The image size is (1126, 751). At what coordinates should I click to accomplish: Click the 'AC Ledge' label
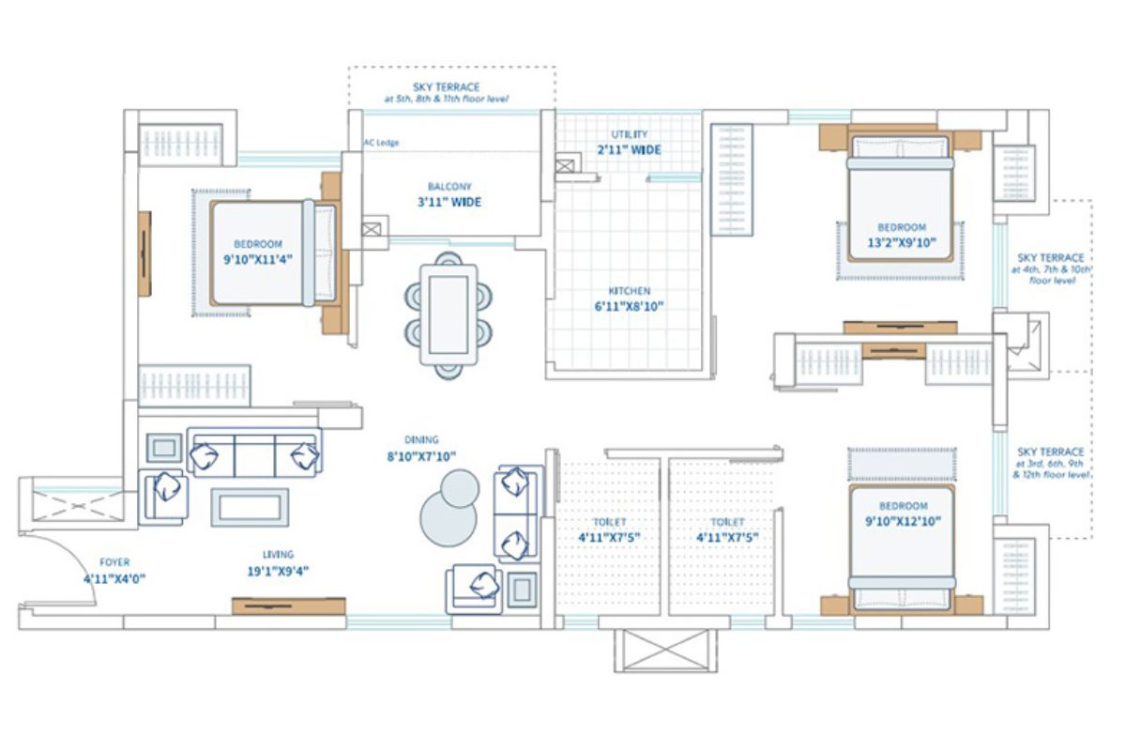tap(382, 144)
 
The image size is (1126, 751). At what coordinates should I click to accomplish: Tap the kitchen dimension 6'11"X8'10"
tap(628, 305)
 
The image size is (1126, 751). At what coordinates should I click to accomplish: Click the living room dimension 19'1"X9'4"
tap(278, 570)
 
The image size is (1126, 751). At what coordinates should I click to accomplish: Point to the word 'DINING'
tap(421, 439)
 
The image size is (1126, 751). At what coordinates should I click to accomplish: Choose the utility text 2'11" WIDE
tap(629, 150)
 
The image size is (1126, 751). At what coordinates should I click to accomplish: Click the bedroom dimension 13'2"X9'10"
tap(901, 242)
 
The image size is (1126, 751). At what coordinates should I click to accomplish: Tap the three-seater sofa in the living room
tap(254, 452)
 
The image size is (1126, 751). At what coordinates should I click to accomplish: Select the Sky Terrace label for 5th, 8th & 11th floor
tap(446, 92)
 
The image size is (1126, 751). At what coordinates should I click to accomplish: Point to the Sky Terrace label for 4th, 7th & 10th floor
tap(1050, 268)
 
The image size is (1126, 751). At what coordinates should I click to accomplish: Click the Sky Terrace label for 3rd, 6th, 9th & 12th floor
tap(1050, 463)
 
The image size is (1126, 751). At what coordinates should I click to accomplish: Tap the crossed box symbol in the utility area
tap(566, 165)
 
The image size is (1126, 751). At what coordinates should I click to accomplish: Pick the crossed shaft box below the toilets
tap(666, 650)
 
